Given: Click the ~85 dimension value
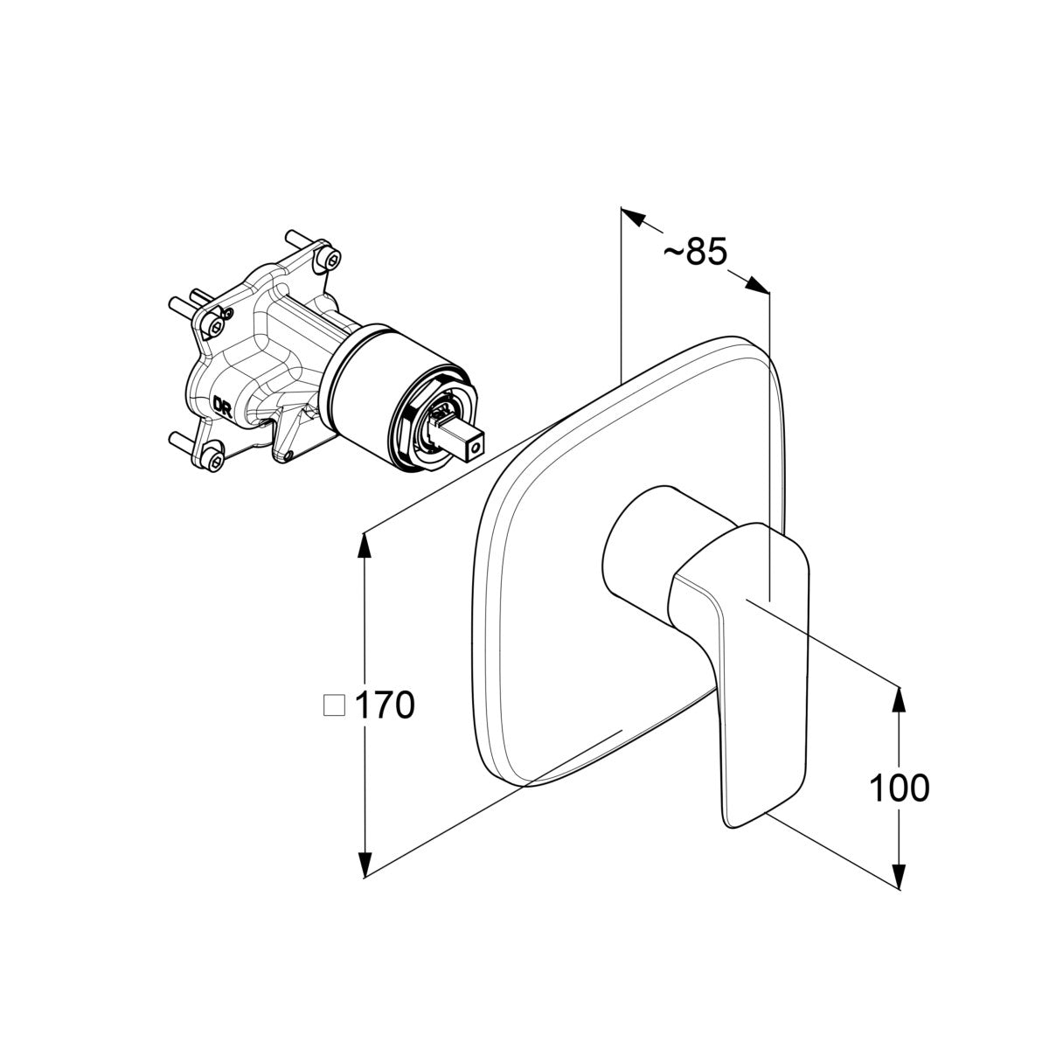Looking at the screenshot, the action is tap(695, 252).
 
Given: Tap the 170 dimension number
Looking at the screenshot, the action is tap(385, 705).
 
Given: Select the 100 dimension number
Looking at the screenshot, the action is tap(900, 788).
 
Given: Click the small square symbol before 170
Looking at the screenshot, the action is tap(334, 705).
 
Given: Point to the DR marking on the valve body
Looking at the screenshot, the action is tap(223, 406).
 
